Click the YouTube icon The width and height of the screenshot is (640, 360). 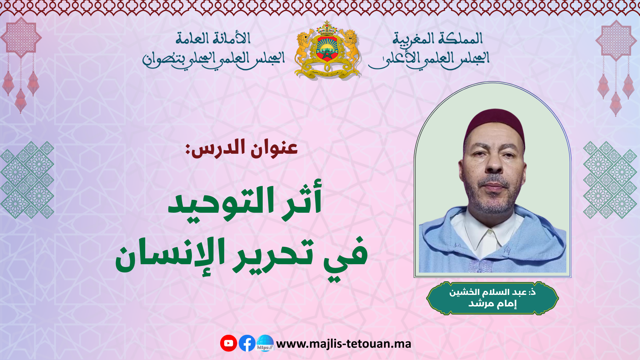pyautogui.click(x=229, y=343)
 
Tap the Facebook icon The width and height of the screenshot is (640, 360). pyautogui.click(x=247, y=343)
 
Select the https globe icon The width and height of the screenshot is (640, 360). pyautogui.click(x=265, y=343)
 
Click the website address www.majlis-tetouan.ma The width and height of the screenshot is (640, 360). pyautogui.click(x=344, y=344)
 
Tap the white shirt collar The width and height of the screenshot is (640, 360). pyautogui.click(x=487, y=235)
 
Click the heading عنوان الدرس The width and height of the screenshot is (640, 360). pyautogui.click(x=242, y=149)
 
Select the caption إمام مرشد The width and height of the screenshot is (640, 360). pyautogui.click(x=492, y=303)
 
